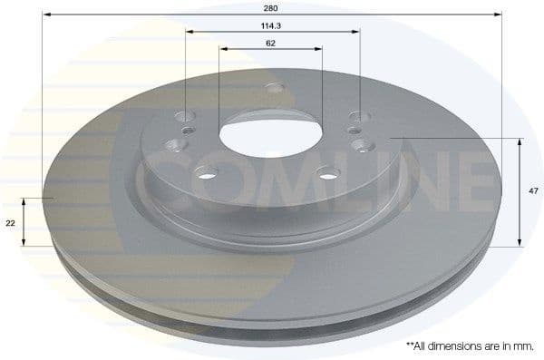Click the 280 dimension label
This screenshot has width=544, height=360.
(x=272, y=8)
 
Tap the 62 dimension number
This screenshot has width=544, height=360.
(x=271, y=43)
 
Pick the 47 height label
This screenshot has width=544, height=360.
(x=534, y=191)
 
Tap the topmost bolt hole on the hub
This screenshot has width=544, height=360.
(x=275, y=90)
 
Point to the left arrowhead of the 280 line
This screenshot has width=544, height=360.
(x=46, y=15)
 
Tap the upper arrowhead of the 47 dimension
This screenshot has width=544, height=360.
(x=520, y=141)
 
